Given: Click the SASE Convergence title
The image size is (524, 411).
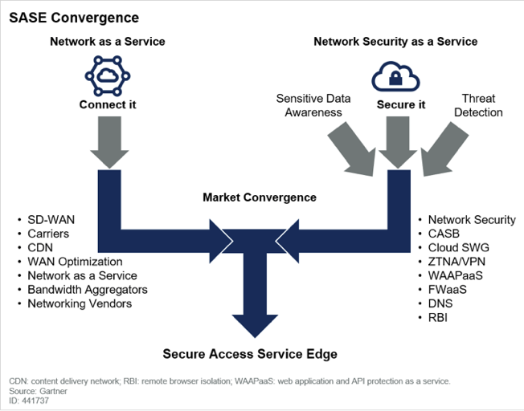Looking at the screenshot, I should click(x=74, y=18).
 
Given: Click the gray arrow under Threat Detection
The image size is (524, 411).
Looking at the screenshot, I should click(x=439, y=149).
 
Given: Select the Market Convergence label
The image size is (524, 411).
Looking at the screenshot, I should click(x=259, y=197).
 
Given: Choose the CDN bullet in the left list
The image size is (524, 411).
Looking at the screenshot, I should click(x=41, y=248).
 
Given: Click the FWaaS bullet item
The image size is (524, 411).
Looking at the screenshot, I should click(x=448, y=289).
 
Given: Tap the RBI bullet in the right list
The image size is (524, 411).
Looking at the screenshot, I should click(x=439, y=317).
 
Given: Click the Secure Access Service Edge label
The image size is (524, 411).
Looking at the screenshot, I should click(x=250, y=354).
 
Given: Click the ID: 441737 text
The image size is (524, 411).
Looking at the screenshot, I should click(x=31, y=401).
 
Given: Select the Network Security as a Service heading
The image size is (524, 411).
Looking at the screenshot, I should click(x=395, y=41).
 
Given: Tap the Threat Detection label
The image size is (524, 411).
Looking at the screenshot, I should click(x=478, y=105).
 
